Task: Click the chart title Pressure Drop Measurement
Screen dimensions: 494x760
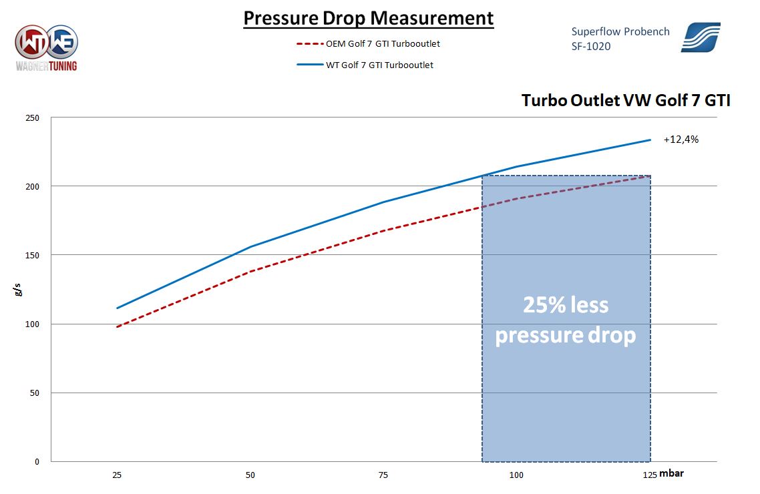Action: tap(368, 18)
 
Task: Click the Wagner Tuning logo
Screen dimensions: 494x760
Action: tap(46, 47)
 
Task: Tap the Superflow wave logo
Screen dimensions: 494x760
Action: tap(700, 37)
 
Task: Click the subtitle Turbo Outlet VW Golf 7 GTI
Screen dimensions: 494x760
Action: tap(626, 101)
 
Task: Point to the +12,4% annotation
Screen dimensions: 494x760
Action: tap(681, 140)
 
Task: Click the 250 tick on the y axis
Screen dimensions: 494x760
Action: tap(33, 118)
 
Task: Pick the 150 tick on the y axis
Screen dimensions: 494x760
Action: tap(33, 255)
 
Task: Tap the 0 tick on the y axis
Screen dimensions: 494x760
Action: tap(37, 461)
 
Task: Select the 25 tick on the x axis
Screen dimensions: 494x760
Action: tap(117, 475)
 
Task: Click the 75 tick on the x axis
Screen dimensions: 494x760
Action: tap(383, 475)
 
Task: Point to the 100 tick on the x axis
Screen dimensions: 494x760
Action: tap(516, 475)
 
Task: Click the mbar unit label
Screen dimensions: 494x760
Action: tap(671, 474)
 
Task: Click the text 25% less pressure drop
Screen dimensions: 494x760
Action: tap(566, 320)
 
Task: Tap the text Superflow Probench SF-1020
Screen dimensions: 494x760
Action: tap(620, 39)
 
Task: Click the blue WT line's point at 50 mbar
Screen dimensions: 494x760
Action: tap(250, 247)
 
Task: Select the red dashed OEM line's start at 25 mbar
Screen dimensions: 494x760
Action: tap(118, 326)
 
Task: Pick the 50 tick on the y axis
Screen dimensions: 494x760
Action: tap(35, 393)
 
